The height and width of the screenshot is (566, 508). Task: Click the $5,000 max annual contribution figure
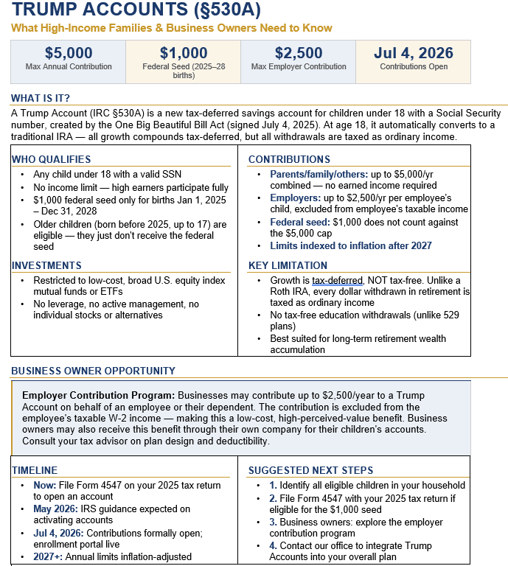[69, 53]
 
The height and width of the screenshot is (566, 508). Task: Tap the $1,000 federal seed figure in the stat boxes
[184, 53]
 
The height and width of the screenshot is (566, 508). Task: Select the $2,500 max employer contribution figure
[299, 53]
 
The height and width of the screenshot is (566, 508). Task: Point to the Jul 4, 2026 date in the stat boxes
[414, 53]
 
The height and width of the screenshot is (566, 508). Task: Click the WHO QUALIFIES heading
[52, 159]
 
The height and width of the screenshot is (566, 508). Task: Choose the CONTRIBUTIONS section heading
[289, 159]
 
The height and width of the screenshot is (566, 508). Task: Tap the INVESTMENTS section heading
[47, 265]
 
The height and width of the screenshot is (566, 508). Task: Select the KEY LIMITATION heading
[288, 265]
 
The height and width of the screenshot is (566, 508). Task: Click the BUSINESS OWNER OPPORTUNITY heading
[94, 371]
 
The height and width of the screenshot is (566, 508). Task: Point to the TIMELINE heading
[35, 470]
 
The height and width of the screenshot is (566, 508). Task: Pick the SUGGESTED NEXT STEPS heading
[310, 470]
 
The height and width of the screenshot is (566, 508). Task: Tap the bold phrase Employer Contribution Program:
[98, 395]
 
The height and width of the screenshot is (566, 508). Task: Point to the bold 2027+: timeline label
[49, 556]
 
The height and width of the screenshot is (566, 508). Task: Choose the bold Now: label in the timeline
[44, 485]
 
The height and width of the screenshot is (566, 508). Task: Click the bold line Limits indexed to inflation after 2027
[351, 245]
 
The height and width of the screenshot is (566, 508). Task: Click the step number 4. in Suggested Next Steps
[274, 545]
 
